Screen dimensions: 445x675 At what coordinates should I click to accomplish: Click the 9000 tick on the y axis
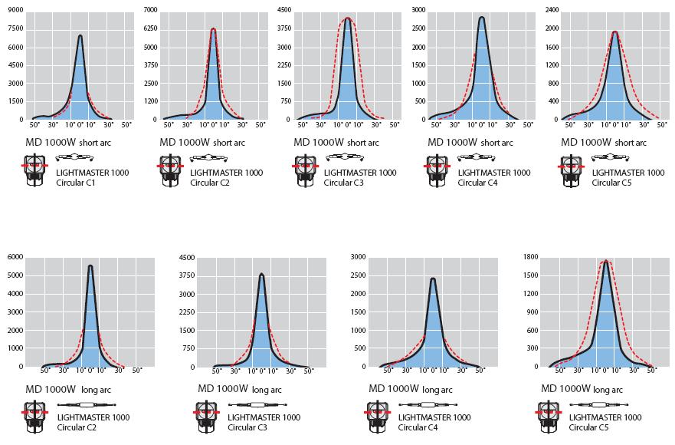(x=15, y=10)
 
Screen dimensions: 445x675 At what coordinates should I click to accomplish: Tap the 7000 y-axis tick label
(x=149, y=10)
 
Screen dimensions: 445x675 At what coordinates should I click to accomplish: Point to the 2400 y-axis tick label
(x=551, y=10)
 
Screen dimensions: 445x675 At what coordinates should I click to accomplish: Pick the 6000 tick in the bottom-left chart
(x=15, y=257)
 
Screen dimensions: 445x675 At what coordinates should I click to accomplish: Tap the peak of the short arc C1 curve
(x=80, y=35)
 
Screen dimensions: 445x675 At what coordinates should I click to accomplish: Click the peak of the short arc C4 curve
(x=481, y=17)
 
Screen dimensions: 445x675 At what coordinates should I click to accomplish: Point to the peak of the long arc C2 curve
(x=90, y=265)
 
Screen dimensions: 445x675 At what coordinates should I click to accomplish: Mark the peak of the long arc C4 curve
(x=433, y=279)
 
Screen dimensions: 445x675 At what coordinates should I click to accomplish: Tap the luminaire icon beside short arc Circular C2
(x=169, y=171)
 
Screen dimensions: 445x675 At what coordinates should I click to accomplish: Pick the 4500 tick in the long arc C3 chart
(x=187, y=257)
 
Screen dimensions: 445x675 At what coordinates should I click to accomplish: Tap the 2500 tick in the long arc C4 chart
(x=359, y=275)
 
